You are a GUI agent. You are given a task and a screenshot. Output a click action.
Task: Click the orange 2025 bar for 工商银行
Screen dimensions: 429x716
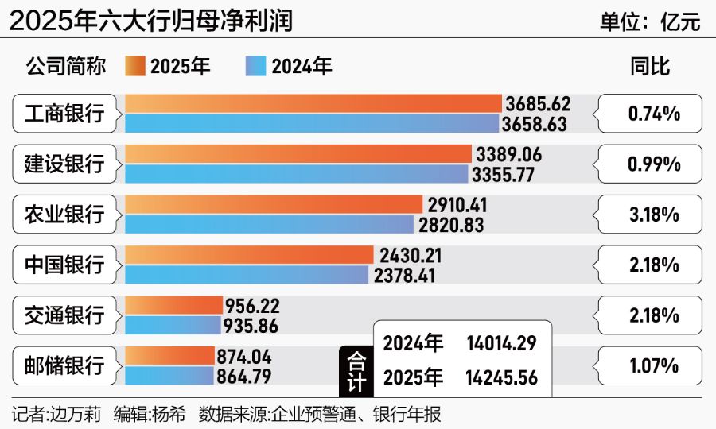pyautogui.click(x=313, y=104)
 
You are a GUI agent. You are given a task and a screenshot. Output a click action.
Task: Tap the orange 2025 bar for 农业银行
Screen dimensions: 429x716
pyautogui.click(x=274, y=205)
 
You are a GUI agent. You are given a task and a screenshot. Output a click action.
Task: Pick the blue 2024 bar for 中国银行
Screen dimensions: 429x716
pyautogui.click(x=247, y=275)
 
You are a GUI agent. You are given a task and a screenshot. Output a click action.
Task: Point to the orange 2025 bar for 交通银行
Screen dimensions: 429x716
pyautogui.click(x=173, y=306)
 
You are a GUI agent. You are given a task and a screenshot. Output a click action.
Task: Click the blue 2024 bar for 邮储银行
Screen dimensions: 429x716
pyautogui.click(x=169, y=376)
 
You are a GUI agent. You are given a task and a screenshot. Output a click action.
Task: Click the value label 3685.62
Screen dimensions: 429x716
pyautogui.click(x=538, y=104)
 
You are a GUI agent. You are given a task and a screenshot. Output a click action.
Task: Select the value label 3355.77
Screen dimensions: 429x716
pyautogui.click(x=505, y=175)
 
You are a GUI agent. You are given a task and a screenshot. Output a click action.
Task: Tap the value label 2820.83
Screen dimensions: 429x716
pyautogui.click(x=452, y=225)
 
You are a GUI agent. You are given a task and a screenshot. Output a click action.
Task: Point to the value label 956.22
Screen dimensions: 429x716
pyautogui.click(x=253, y=306)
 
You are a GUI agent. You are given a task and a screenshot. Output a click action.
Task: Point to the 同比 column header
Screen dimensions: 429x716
pyautogui.click(x=650, y=67)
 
